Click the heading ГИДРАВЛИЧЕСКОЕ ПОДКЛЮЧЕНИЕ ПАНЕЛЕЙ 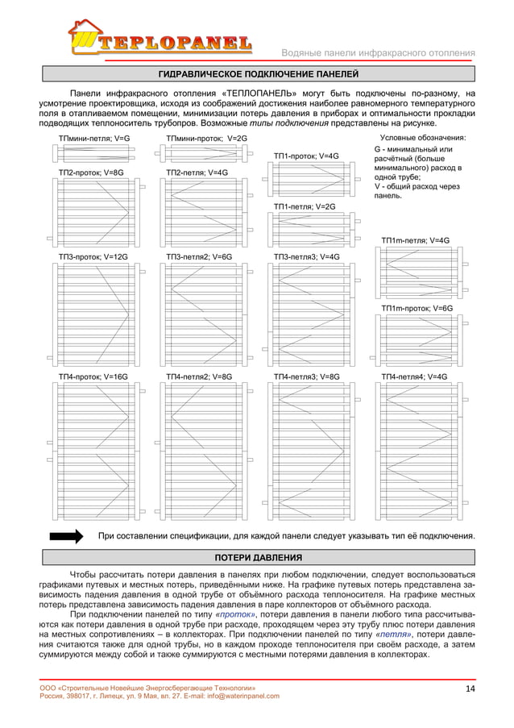click(259, 76)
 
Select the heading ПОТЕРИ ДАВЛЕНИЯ click(259, 557)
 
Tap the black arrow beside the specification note click(68, 535)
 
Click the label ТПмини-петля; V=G click(93, 139)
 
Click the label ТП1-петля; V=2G click(305, 206)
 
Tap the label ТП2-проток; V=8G click(91, 173)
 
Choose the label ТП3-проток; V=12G click(93, 256)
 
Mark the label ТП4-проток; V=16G click(93, 376)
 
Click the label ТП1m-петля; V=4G click(415, 239)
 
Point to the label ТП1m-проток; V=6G click(417, 308)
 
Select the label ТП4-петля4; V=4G click(414, 376)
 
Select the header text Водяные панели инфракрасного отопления click(377, 54)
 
